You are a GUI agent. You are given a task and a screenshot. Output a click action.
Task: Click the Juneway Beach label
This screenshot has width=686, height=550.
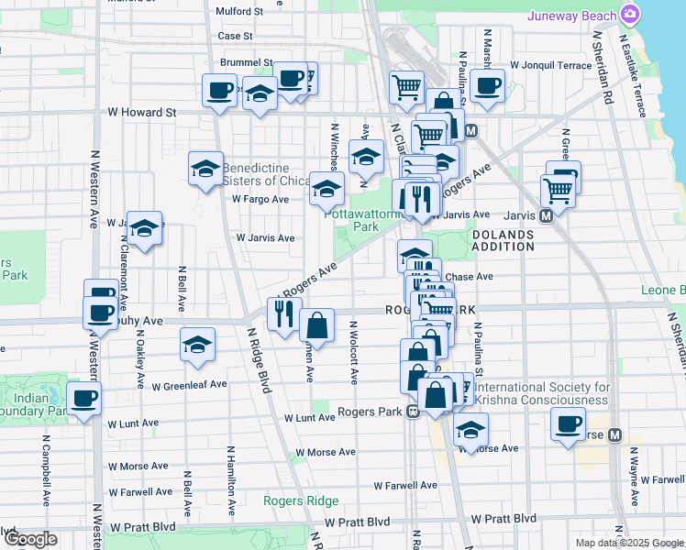(572, 16)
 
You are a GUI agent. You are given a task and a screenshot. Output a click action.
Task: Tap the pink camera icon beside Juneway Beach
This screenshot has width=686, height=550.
(630, 15)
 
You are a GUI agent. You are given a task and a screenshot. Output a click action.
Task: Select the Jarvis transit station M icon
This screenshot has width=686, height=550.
(546, 216)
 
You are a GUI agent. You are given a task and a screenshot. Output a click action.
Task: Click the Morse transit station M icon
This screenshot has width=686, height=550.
(615, 434)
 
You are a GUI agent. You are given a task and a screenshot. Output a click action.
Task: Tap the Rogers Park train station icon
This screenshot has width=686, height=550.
(414, 412)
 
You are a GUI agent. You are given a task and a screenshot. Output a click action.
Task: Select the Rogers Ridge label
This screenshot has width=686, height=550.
(301, 500)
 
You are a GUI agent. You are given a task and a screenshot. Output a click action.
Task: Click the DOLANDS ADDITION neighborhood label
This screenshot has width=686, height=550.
(503, 240)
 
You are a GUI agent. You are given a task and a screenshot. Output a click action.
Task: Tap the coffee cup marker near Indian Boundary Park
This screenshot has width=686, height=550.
(84, 399)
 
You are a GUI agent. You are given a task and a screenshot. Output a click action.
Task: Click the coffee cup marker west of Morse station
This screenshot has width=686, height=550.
(568, 424)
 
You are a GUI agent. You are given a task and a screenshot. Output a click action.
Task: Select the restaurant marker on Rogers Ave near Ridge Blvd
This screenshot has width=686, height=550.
(283, 313)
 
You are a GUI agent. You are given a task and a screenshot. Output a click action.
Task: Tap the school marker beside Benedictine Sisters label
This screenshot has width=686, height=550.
(205, 168)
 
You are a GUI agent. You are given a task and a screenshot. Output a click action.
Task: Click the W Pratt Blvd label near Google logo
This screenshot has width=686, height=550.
(142, 528)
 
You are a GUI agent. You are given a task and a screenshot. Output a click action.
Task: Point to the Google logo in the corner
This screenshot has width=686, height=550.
(30, 539)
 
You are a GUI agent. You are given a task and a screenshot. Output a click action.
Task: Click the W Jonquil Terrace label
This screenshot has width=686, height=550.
(551, 65)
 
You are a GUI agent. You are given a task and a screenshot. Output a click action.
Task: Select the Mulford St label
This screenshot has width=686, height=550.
(239, 12)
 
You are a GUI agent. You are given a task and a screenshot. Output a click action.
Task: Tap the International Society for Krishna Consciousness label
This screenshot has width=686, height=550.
(541, 393)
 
